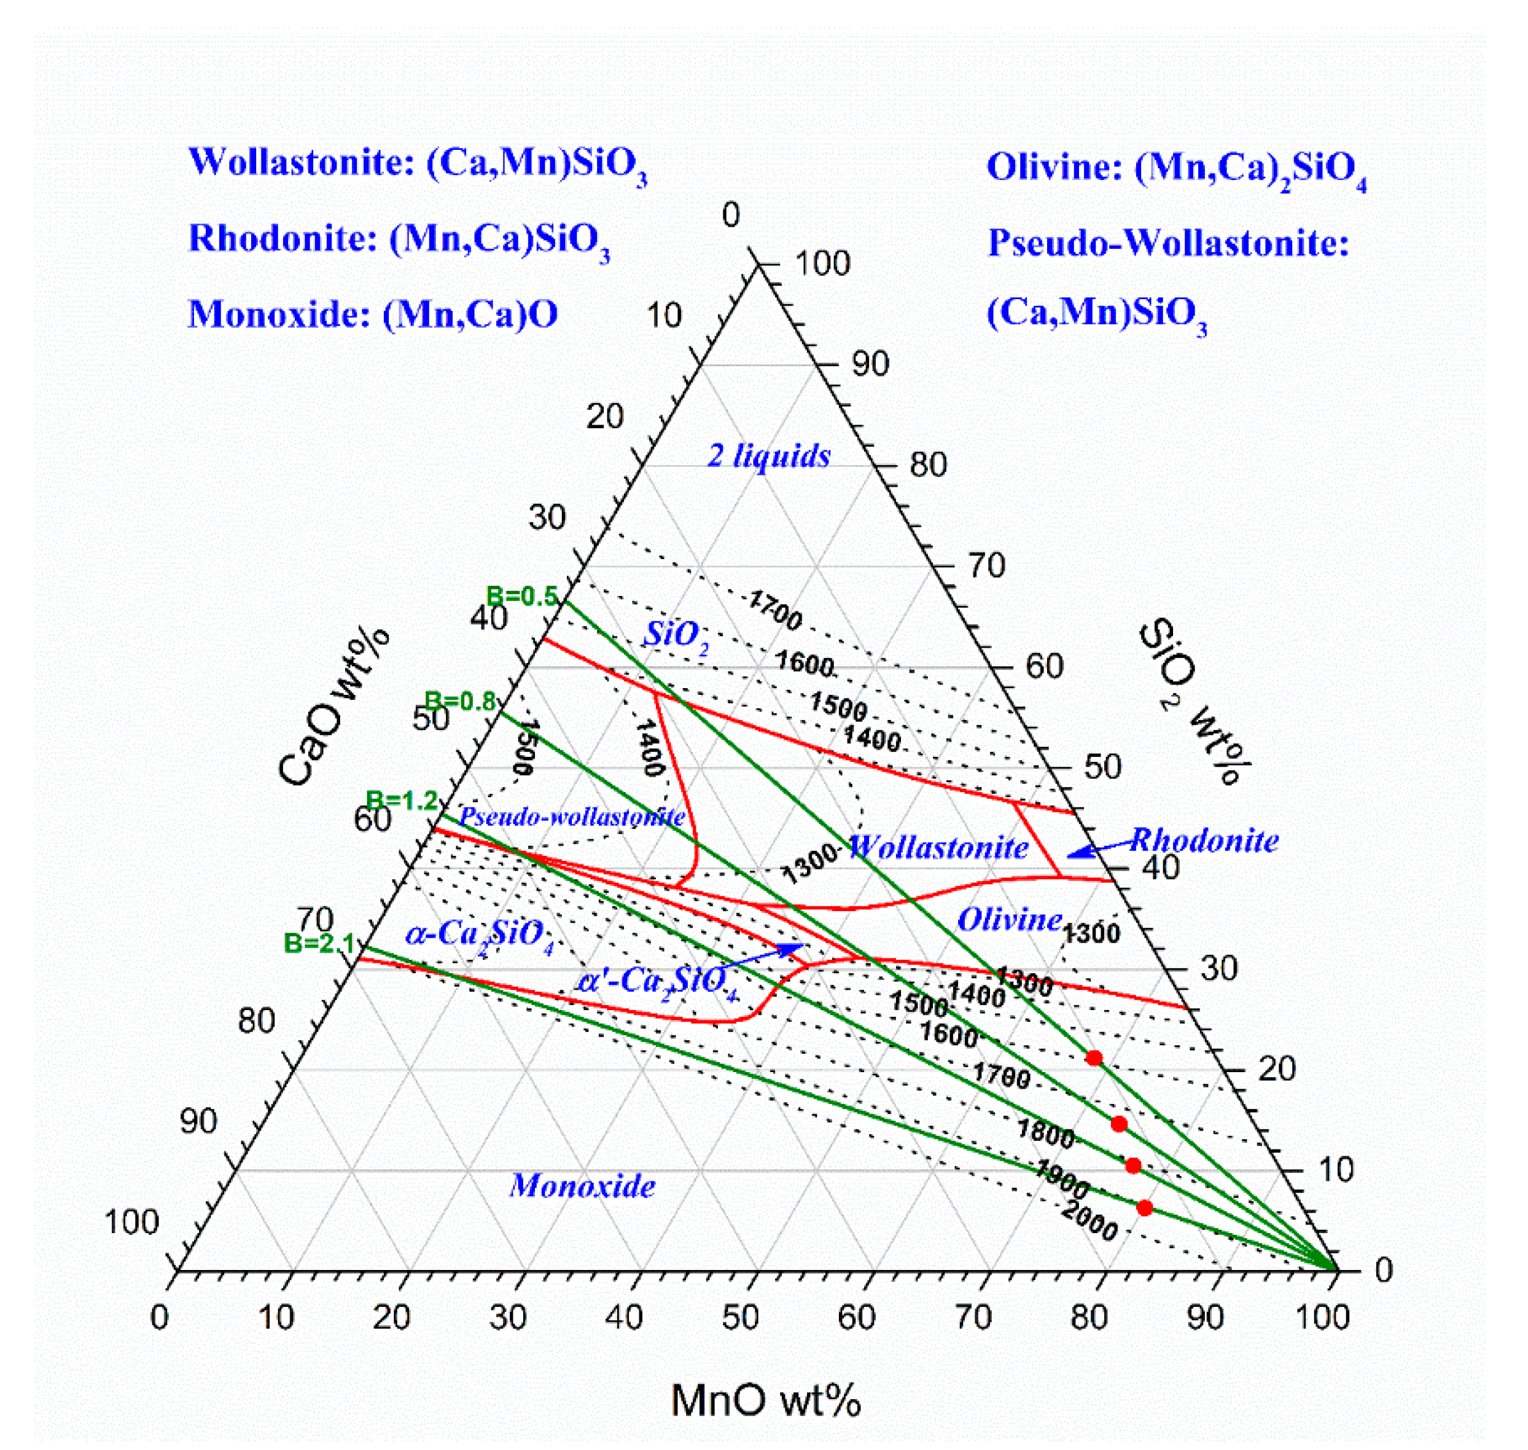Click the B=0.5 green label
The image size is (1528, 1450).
pos(521,596)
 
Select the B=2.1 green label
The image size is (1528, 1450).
pos(319,944)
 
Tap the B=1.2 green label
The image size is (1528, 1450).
pos(401,801)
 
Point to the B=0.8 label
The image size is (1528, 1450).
pos(461,701)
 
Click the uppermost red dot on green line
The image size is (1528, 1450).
pos(1094,1057)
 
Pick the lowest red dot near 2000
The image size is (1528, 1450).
pos(1145,1207)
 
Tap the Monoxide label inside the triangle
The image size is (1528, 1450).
pos(582,1186)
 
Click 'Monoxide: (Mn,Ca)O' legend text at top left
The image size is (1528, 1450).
pos(372,315)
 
